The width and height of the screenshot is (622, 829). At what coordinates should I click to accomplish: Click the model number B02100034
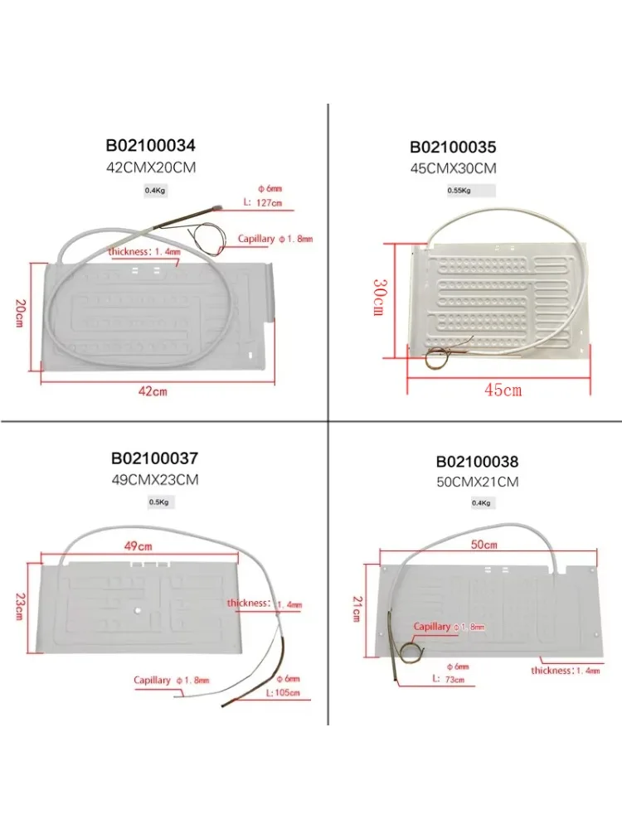point(151,145)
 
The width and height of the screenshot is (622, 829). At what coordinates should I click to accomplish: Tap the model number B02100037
point(155,458)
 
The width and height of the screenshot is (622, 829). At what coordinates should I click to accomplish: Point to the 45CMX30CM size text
point(453,167)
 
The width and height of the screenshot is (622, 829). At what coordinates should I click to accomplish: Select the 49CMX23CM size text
point(155,479)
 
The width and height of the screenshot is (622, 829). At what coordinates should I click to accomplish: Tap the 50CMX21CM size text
point(476,482)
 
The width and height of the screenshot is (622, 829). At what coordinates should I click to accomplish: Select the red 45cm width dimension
point(502,390)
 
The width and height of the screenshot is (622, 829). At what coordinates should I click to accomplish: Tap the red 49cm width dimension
point(138,546)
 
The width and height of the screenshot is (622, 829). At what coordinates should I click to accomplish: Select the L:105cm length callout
point(282,693)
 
